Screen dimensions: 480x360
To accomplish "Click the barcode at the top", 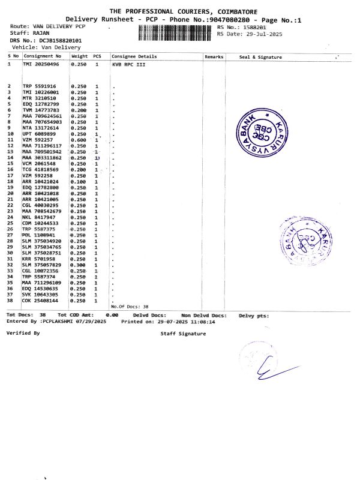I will point(176,33).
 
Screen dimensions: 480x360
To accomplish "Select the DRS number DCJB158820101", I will point(61,40).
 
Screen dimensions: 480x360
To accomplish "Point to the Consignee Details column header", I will point(134,56).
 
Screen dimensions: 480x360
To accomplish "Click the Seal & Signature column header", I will point(260,57).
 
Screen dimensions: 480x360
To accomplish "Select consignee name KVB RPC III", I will point(129,64).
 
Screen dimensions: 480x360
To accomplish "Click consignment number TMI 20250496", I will point(41,64).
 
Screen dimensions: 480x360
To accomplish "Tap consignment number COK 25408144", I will point(41,300).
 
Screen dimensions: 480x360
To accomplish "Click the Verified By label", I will point(23,332).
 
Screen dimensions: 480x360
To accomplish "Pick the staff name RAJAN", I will point(41,34).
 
